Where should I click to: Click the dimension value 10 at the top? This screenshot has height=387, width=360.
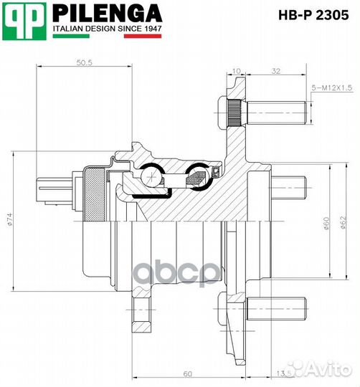(237, 70)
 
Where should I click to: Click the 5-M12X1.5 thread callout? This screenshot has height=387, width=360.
(331, 87)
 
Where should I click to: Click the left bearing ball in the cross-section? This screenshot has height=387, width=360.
(151, 173)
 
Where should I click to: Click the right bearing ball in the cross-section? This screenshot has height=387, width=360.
(196, 173)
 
